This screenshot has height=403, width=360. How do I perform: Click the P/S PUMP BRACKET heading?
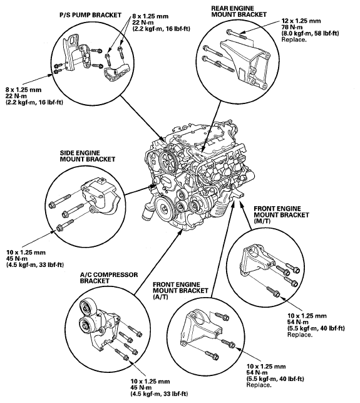pyautogui.click(x=90, y=15)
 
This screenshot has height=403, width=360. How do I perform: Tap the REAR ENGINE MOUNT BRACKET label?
pyautogui.click(x=239, y=11)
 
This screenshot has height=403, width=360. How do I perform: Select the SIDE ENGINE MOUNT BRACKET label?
pyautogui.click(x=88, y=156)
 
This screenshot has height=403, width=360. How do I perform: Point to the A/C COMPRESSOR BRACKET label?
pyautogui.click(x=109, y=278)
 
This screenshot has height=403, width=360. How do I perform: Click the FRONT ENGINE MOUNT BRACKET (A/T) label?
pyautogui.click(x=180, y=291)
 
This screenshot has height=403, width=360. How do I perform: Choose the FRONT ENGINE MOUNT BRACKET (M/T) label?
pyautogui.click(x=282, y=214)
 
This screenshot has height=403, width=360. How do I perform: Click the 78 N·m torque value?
pyautogui.click(x=292, y=27)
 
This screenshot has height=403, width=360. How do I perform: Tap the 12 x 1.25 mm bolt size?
pyautogui.click(x=301, y=21)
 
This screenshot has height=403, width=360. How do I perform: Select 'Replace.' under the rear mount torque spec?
pyautogui.click(x=294, y=39)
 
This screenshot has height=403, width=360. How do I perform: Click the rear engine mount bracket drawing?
pyautogui.click(x=245, y=63)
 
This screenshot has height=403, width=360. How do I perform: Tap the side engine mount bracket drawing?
pyautogui.click(x=100, y=196)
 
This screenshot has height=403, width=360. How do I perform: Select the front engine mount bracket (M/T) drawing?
pyautogui.click(x=257, y=259)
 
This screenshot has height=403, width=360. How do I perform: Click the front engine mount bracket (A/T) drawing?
pyautogui.click(x=202, y=328)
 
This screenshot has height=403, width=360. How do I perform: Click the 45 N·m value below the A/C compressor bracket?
pyautogui.click(x=141, y=387)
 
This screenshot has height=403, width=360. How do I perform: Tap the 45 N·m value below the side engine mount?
pyautogui.click(x=17, y=259)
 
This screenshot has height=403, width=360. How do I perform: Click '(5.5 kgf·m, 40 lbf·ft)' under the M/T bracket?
pyautogui.click(x=316, y=328)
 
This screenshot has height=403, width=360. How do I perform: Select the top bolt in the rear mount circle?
pyautogui.click(x=236, y=34)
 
